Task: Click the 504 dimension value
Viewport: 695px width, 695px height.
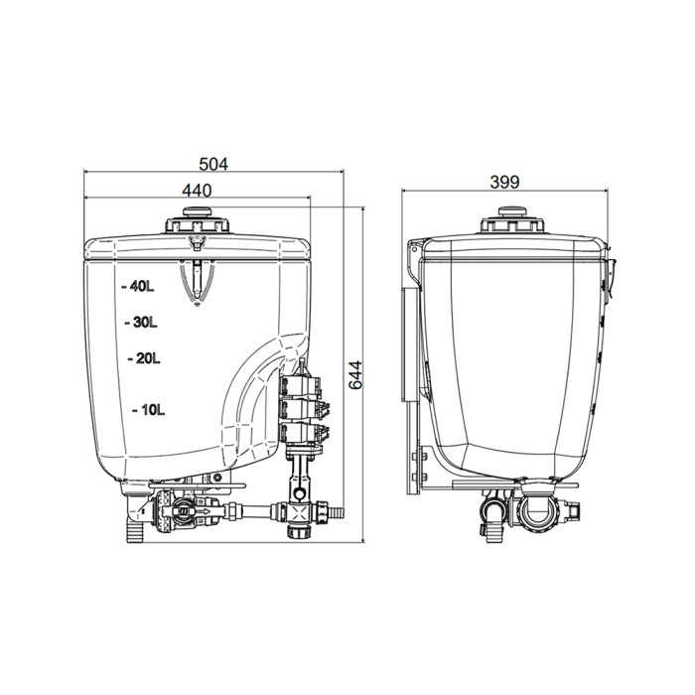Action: (213, 165)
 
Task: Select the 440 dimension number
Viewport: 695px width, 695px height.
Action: (197, 191)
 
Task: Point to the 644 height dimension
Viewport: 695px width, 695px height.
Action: (355, 375)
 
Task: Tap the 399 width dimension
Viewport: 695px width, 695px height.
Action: (504, 182)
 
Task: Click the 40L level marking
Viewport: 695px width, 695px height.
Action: (138, 287)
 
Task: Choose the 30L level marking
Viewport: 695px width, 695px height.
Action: (141, 323)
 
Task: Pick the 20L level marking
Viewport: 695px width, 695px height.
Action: (144, 358)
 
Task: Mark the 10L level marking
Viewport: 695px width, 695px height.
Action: (149, 410)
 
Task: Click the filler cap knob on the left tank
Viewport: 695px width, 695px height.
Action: (198, 211)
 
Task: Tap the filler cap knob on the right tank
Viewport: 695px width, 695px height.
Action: (512, 210)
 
